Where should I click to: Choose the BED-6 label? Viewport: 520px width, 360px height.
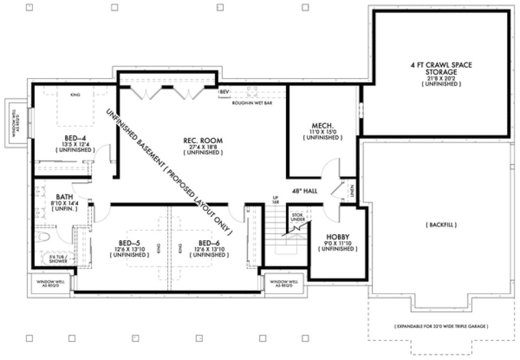pos(208,242)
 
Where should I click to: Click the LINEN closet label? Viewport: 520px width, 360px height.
pos(352,190)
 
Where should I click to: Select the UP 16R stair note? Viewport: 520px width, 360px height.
pos(275,199)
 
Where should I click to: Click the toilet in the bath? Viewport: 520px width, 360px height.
pos(44,237)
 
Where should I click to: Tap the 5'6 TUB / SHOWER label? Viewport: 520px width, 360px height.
pos(58,259)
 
